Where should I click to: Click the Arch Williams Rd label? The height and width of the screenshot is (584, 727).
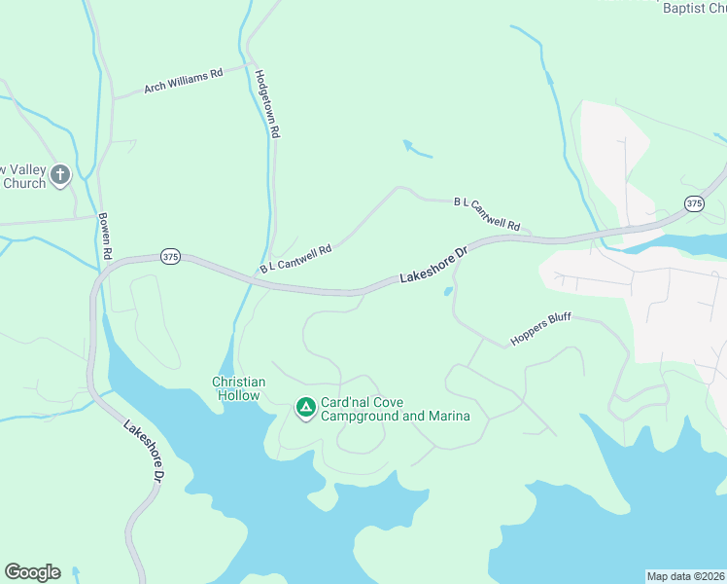point(184,80)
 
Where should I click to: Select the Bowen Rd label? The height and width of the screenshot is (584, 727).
point(106,237)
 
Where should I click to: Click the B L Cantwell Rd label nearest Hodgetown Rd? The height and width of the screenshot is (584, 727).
point(295,259)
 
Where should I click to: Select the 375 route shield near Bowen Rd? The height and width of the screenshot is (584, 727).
point(171,257)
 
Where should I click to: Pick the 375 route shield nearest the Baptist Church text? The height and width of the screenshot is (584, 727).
point(693,203)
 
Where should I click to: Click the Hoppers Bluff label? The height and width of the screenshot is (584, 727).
point(542,331)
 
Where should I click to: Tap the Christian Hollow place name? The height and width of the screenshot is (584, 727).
point(237,388)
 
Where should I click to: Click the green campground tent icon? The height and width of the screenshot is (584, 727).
point(305,407)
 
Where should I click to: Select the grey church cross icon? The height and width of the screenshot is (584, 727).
point(60,175)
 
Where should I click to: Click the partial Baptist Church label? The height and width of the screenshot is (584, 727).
point(694,8)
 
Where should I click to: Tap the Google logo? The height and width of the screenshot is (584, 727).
point(32,572)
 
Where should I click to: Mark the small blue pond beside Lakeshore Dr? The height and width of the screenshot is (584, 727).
point(448,291)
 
